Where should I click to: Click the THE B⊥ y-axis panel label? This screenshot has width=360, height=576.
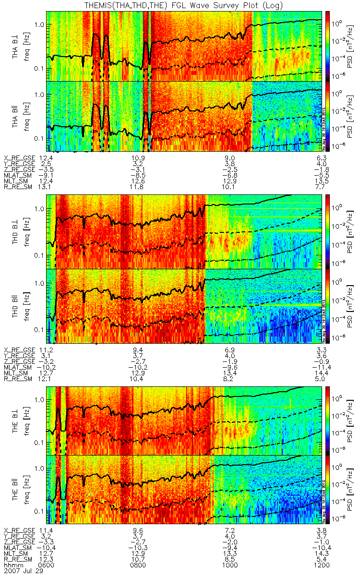pyautogui.click(x=16, y=420)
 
